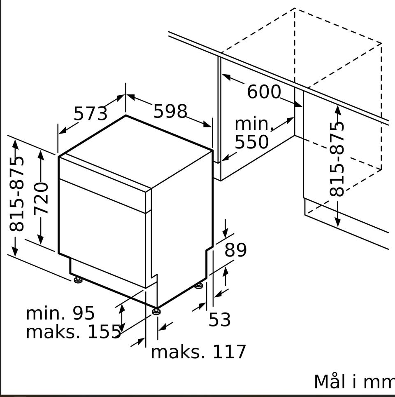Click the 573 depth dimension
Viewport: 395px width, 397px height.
(x=91, y=113)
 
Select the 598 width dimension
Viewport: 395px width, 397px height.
(x=170, y=111)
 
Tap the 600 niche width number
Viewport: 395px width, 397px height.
(x=264, y=92)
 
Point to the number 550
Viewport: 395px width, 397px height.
(x=251, y=142)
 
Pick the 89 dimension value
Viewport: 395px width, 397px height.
(x=235, y=250)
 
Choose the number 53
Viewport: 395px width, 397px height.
(x=220, y=319)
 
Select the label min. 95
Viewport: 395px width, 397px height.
(x=60, y=313)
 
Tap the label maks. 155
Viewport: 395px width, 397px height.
(x=73, y=331)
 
